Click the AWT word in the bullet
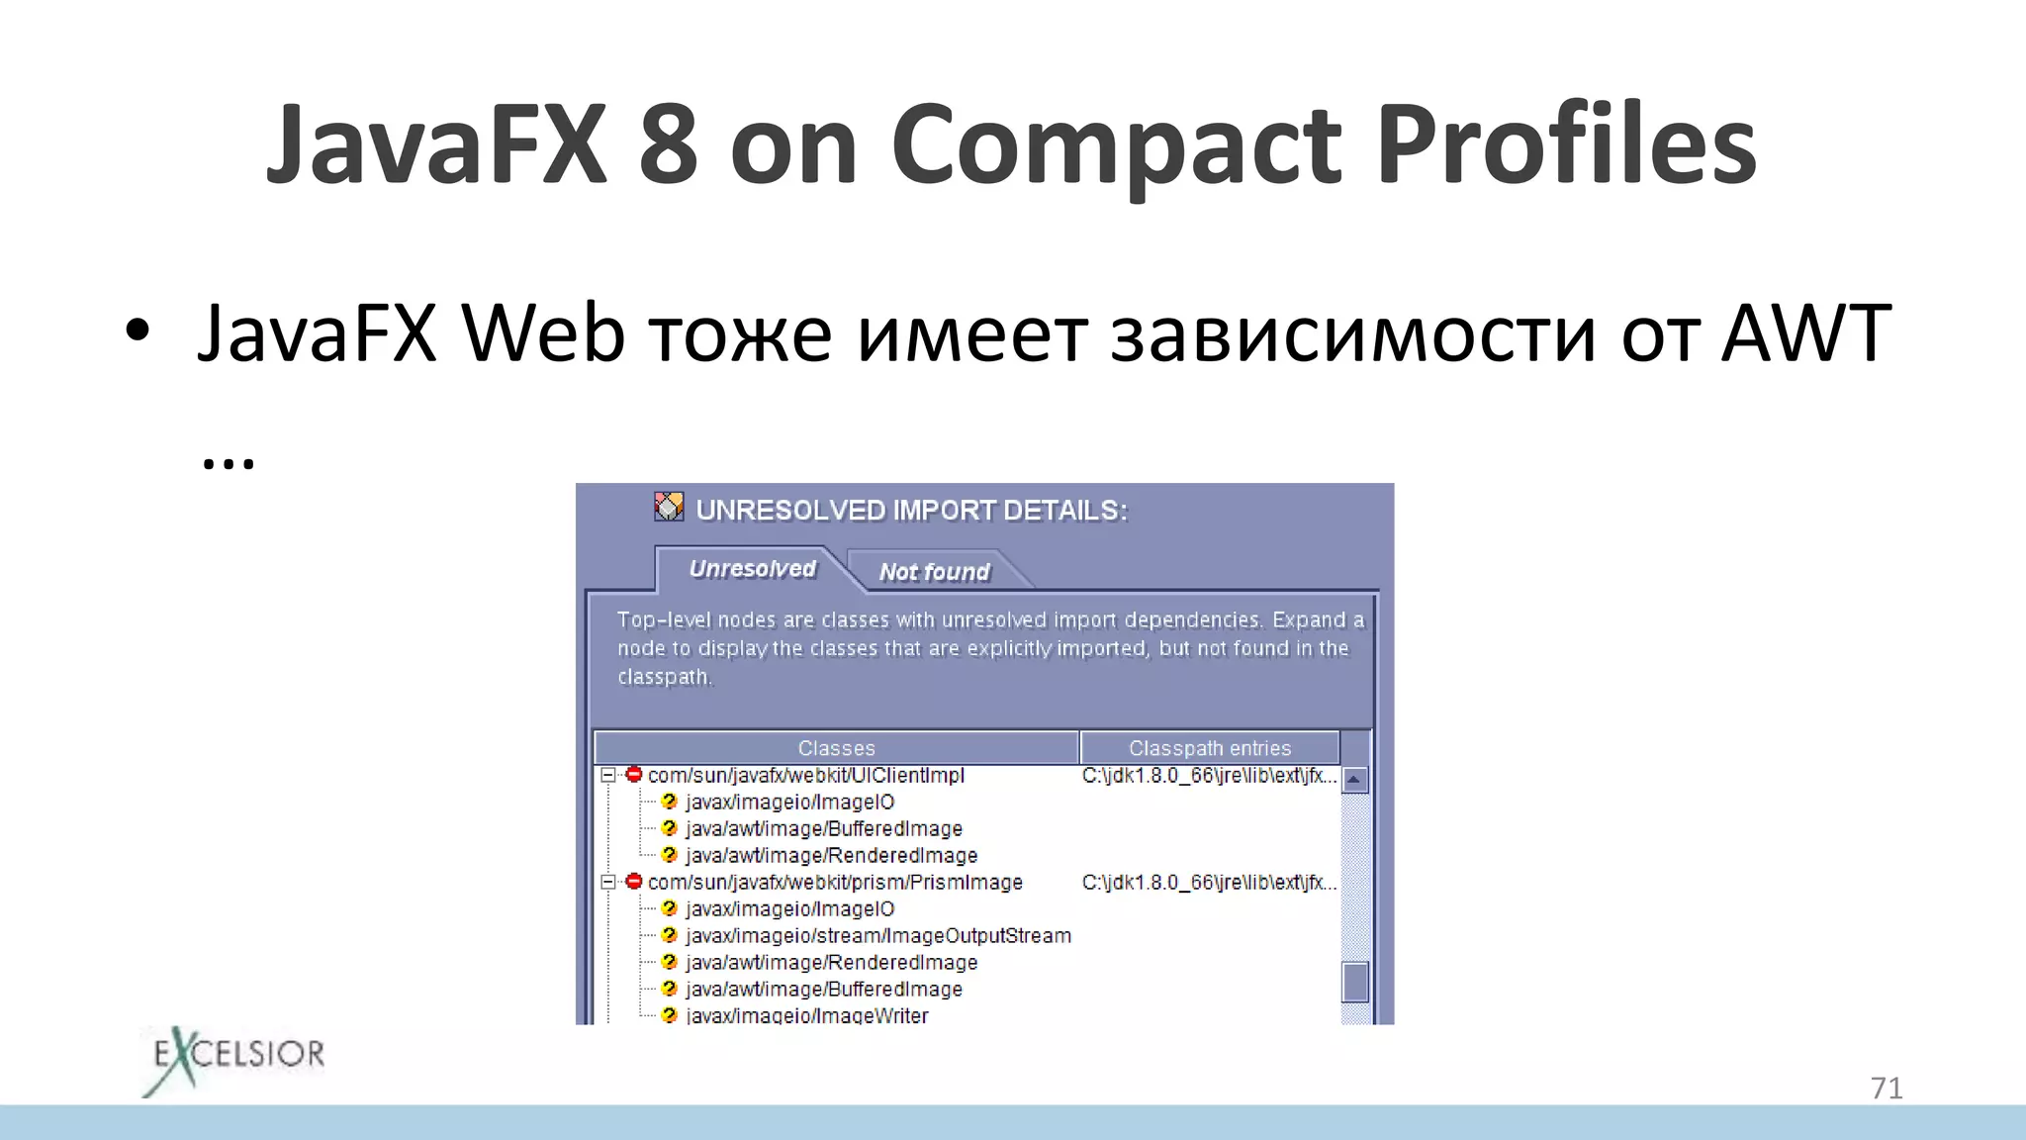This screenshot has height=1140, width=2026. (x=1806, y=334)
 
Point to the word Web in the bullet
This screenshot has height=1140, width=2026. (x=543, y=334)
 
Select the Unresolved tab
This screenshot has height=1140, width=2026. (x=752, y=569)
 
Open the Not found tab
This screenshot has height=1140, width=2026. (x=934, y=572)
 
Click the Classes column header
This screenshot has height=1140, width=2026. (x=836, y=748)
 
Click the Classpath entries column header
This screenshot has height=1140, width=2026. (x=1209, y=748)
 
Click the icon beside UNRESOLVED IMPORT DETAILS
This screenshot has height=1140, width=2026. (x=669, y=507)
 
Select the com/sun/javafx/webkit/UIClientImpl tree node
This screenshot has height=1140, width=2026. (x=805, y=776)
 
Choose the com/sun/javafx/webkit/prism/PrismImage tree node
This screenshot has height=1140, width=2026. (x=834, y=883)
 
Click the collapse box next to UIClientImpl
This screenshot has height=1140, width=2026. (x=608, y=776)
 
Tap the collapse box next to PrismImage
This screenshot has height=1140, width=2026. (x=608, y=883)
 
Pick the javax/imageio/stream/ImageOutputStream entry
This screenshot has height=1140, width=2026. (x=877, y=936)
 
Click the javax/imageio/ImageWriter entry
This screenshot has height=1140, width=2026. (x=806, y=1015)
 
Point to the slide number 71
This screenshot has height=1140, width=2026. (x=1887, y=1089)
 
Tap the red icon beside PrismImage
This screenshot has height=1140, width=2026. (x=634, y=882)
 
